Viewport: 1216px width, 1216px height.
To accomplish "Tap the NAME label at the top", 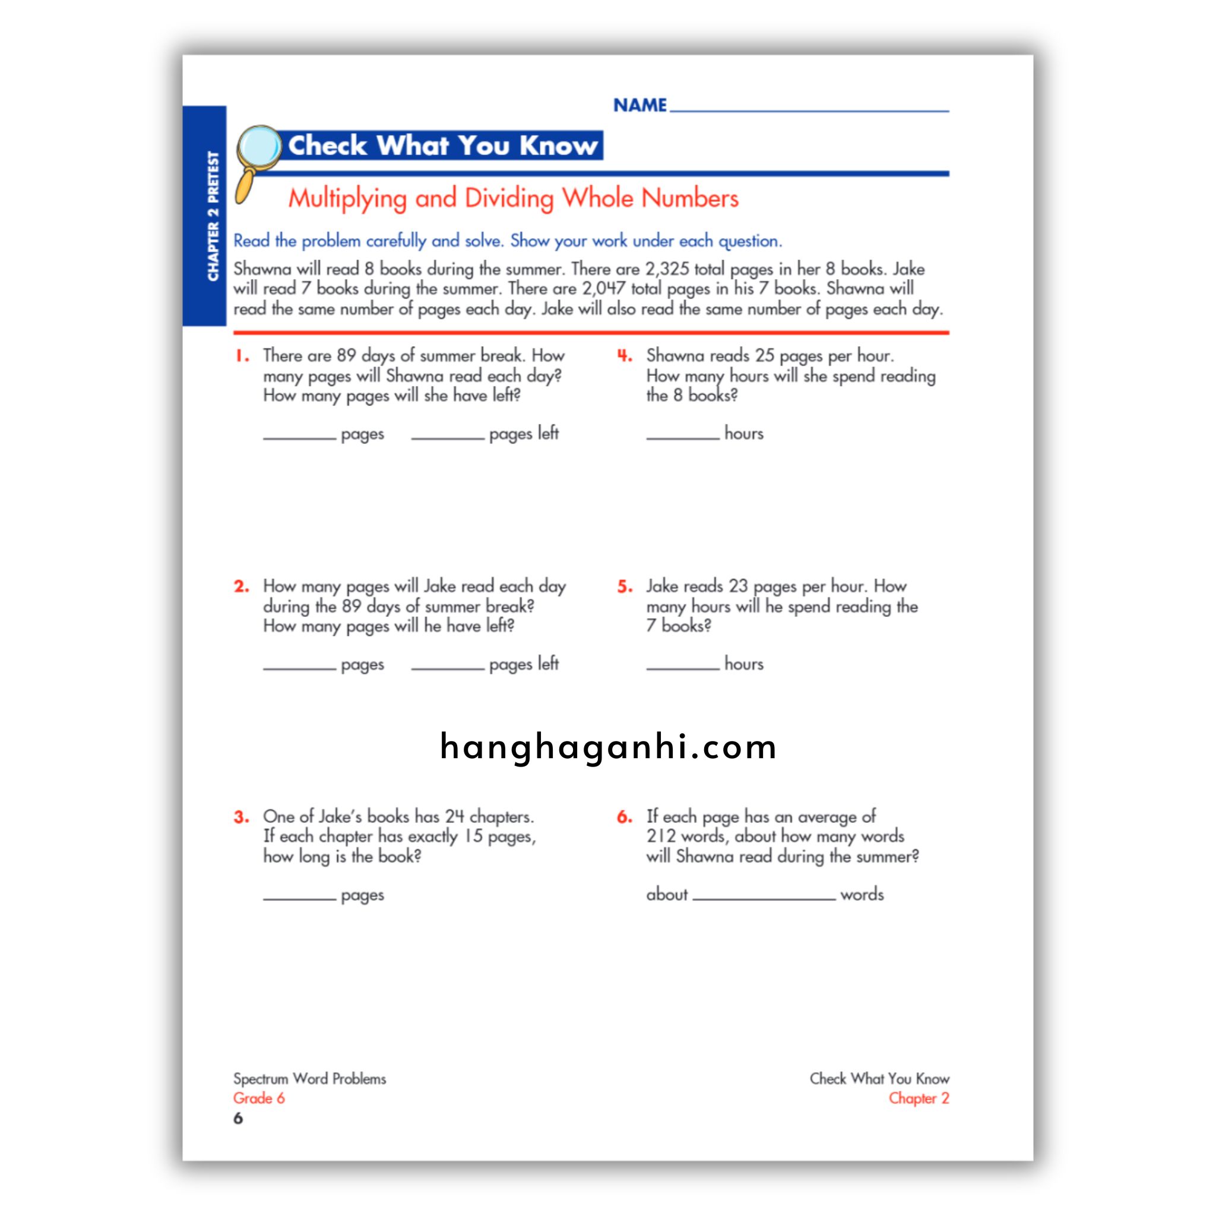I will click(x=639, y=105).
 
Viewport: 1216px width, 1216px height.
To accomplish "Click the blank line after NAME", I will click(x=809, y=108).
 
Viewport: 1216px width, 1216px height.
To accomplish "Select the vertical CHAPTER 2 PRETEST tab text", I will click(x=213, y=216).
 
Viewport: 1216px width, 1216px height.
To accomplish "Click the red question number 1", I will click(x=242, y=356).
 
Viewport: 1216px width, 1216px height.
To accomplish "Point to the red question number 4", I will click(x=625, y=356).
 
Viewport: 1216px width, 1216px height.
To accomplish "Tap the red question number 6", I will click(x=625, y=817).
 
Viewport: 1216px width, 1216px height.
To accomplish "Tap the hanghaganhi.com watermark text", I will click(x=608, y=748).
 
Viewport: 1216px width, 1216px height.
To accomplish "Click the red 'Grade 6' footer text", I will click(x=259, y=1098).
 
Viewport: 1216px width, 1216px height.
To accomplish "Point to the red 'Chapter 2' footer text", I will click(x=919, y=1098).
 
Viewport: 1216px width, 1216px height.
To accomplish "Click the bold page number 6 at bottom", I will click(x=238, y=1119).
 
